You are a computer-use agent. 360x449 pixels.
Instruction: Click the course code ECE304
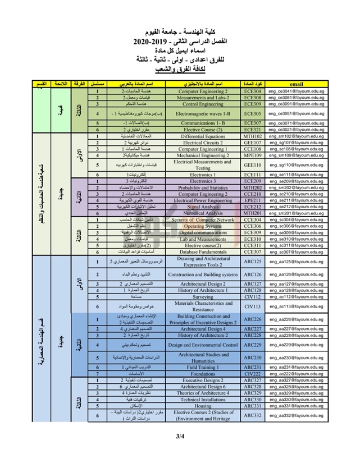coord(253,90)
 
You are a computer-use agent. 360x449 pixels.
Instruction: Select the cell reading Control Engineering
coord(203,103)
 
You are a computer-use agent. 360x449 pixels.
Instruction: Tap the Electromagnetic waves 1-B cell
coord(203,113)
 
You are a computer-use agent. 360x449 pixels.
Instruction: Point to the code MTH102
coord(253,136)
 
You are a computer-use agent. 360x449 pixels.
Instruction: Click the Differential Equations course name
coord(203,136)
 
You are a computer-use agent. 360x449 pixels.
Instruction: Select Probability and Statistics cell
coord(203,187)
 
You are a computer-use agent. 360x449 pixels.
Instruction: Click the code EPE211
coord(253,200)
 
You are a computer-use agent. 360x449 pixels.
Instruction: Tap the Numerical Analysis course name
coord(203,213)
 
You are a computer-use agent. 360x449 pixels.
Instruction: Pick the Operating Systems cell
coord(203,226)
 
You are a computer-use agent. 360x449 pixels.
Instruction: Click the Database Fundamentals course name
coord(203,252)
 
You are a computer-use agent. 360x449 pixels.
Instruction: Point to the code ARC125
coord(253,262)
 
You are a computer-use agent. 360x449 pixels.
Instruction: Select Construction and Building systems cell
coord(203,275)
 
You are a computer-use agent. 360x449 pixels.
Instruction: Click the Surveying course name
coord(203,297)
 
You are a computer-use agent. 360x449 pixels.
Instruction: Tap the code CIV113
coord(253,306)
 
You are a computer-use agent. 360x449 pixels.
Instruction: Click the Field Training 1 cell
coord(203,367)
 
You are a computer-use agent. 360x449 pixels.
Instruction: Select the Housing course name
coord(203,406)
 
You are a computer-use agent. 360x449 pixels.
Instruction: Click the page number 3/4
coord(180,436)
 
